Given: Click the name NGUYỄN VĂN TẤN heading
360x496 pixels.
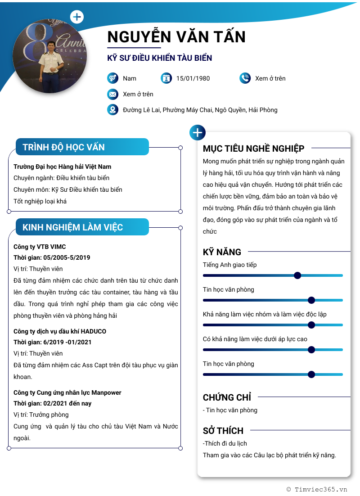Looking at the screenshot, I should (176, 36).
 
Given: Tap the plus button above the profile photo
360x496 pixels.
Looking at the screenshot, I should (77, 17).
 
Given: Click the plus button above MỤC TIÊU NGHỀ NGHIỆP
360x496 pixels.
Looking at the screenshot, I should (198, 133).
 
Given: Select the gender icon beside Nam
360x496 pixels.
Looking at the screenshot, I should (112, 78).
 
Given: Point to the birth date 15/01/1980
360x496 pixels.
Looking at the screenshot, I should (193, 78).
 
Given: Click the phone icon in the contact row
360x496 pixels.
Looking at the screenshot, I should (245, 78).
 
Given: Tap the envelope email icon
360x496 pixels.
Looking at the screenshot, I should (112, 94).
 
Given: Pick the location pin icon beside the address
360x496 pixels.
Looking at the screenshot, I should (112, 110).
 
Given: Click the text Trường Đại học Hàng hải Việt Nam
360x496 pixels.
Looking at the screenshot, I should (63, 167).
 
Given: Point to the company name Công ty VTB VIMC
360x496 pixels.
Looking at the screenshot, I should (40, 247).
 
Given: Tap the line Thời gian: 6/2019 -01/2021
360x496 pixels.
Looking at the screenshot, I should (53, 342).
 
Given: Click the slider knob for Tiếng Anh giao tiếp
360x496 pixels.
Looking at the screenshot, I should (297, 275).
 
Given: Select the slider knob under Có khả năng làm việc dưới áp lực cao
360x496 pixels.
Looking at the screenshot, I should (311, 350).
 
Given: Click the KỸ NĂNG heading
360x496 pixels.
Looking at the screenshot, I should (222, 252).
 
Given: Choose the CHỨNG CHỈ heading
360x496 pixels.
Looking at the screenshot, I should (227, 397).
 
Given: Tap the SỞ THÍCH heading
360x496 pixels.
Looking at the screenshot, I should (223, 431).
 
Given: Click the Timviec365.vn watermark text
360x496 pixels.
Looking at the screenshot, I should (320, 489).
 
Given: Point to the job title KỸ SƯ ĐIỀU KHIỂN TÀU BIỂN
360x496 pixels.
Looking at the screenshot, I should (159, 58).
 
